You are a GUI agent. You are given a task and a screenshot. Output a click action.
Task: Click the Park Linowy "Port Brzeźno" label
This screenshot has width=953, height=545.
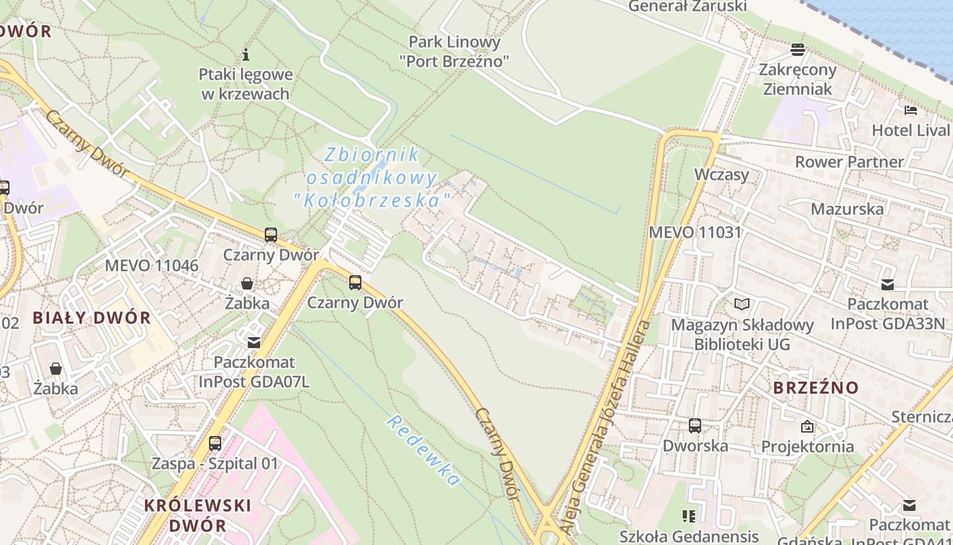[454, 52]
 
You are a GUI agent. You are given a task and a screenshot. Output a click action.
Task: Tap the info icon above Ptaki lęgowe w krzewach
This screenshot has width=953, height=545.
[246, 54]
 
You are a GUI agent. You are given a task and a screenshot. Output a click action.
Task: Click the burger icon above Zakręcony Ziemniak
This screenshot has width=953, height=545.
[798, 49]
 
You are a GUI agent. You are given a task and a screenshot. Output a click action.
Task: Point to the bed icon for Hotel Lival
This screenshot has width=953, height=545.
[911, 110]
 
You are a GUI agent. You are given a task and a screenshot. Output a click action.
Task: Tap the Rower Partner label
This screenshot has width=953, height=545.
[849, 162]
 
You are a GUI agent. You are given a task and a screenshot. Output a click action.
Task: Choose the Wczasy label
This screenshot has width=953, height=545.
[722, 174]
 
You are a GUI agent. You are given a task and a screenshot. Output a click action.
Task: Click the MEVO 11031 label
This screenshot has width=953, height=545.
[694, 232]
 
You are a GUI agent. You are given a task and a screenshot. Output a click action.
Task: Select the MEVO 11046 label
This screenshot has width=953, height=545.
[152, 266]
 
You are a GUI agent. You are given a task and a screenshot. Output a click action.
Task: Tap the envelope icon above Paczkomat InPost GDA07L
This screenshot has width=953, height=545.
[254, 342]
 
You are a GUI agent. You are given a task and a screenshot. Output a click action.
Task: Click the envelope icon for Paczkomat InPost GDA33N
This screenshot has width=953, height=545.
[888, 285]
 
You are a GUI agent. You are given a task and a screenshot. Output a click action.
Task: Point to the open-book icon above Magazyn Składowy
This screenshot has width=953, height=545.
[741, 305]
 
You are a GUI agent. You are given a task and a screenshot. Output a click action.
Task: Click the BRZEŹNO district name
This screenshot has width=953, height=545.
[816, 388]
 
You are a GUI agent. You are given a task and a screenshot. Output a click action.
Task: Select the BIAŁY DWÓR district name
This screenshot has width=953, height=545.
[92, 317]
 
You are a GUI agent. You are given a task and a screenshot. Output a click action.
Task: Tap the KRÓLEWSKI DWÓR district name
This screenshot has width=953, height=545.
[197, 515]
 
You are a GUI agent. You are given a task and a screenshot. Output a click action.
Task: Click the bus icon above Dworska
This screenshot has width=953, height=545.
[695, 426]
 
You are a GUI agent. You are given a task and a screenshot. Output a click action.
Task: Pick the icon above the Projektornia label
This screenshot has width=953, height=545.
[807, 427]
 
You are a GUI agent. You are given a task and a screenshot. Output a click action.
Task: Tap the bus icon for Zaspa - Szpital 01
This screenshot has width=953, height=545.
[215, 443]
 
